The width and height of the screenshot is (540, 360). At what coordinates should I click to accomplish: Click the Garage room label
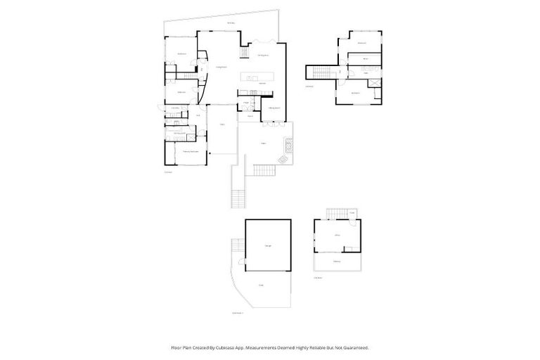coord(268,245)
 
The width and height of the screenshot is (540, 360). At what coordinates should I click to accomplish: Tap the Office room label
coord(337,236)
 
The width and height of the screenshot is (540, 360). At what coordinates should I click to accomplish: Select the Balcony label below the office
coord(337,262)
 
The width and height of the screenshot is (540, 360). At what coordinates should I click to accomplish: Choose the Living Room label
coord(219,67)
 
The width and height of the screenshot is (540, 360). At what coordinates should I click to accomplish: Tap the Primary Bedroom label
coord(188,152)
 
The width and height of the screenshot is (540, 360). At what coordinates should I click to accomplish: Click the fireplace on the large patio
coord(286,146)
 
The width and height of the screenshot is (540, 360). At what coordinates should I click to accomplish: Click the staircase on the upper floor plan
coord(321,73)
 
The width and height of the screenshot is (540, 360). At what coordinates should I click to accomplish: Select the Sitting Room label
coord(274,108)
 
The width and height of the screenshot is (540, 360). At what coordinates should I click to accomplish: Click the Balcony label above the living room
coord(231,25)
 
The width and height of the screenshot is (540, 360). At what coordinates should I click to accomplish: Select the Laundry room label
coord(174,108)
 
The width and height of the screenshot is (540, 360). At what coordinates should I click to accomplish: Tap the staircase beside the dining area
coord(245,53)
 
